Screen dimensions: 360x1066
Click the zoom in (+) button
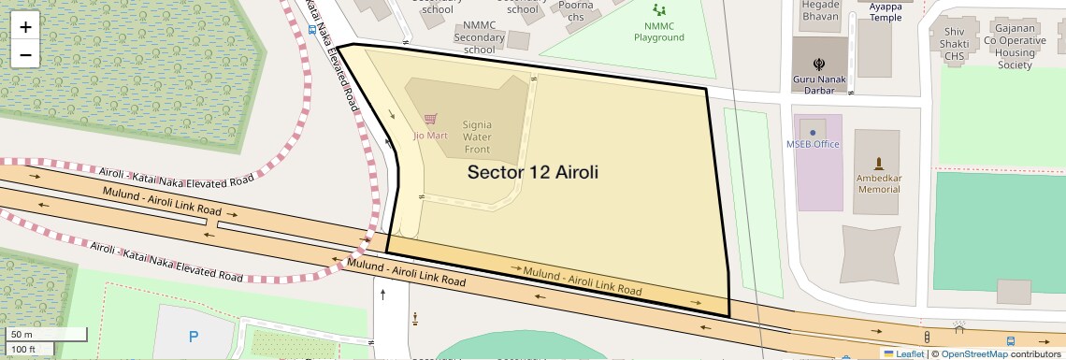pos(25,27)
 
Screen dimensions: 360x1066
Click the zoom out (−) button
pos(25,54)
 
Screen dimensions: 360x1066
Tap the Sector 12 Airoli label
pos(532,173)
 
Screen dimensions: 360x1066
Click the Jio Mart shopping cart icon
pos(430,119)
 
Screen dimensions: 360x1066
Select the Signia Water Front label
pos(477,137)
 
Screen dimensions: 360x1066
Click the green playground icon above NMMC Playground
pos(660,10)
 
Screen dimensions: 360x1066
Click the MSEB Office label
pos(813,144)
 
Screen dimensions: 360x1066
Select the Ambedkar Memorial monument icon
pos(878,163)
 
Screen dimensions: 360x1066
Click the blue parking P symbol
pos(194,337)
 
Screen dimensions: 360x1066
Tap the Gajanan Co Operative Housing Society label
pos(1015,47)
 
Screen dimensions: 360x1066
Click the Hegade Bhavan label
pos(820,11)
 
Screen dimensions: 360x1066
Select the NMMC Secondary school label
pos(479,37)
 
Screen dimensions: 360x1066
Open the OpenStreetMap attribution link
pos(973,353)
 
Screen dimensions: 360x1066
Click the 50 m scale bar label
pos(22,334)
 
